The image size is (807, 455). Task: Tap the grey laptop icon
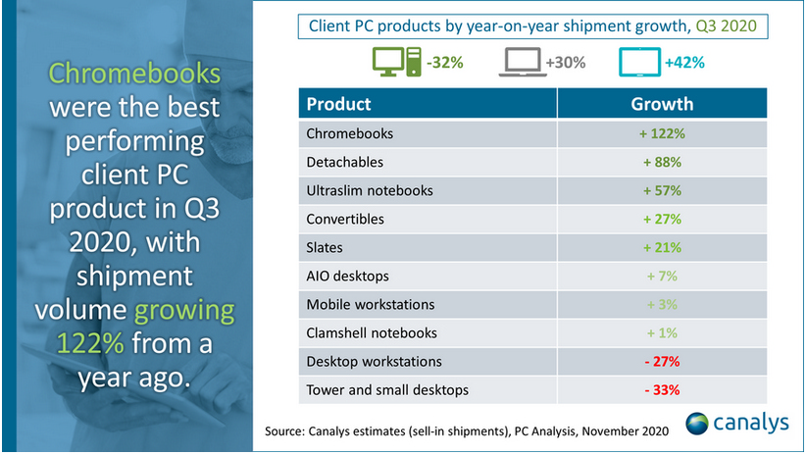(524, 63)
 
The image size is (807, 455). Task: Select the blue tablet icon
(641, 63)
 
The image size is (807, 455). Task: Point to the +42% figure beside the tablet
(683, 63)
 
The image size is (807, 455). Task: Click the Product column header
(338, 104)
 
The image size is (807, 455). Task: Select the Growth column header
(663, 104)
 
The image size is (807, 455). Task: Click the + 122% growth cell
(663, 133)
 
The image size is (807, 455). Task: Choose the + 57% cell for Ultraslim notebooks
(663, 190)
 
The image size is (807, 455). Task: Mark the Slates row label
(327, 247)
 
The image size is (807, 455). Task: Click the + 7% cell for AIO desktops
(663, 277)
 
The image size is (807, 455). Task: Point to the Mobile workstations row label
(370, 305)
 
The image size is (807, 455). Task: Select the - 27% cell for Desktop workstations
(663, 362)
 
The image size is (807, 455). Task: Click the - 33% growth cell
(663, 390)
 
